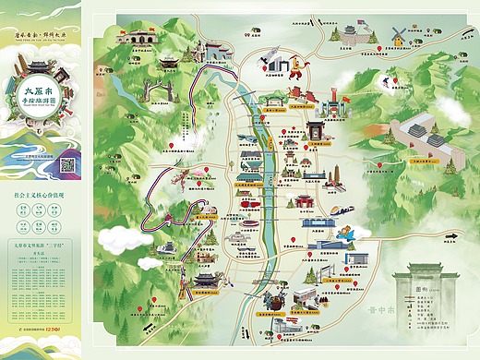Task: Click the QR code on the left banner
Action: click(x=66, y=165)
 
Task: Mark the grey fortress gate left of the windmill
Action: click(x=354, y=34)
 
